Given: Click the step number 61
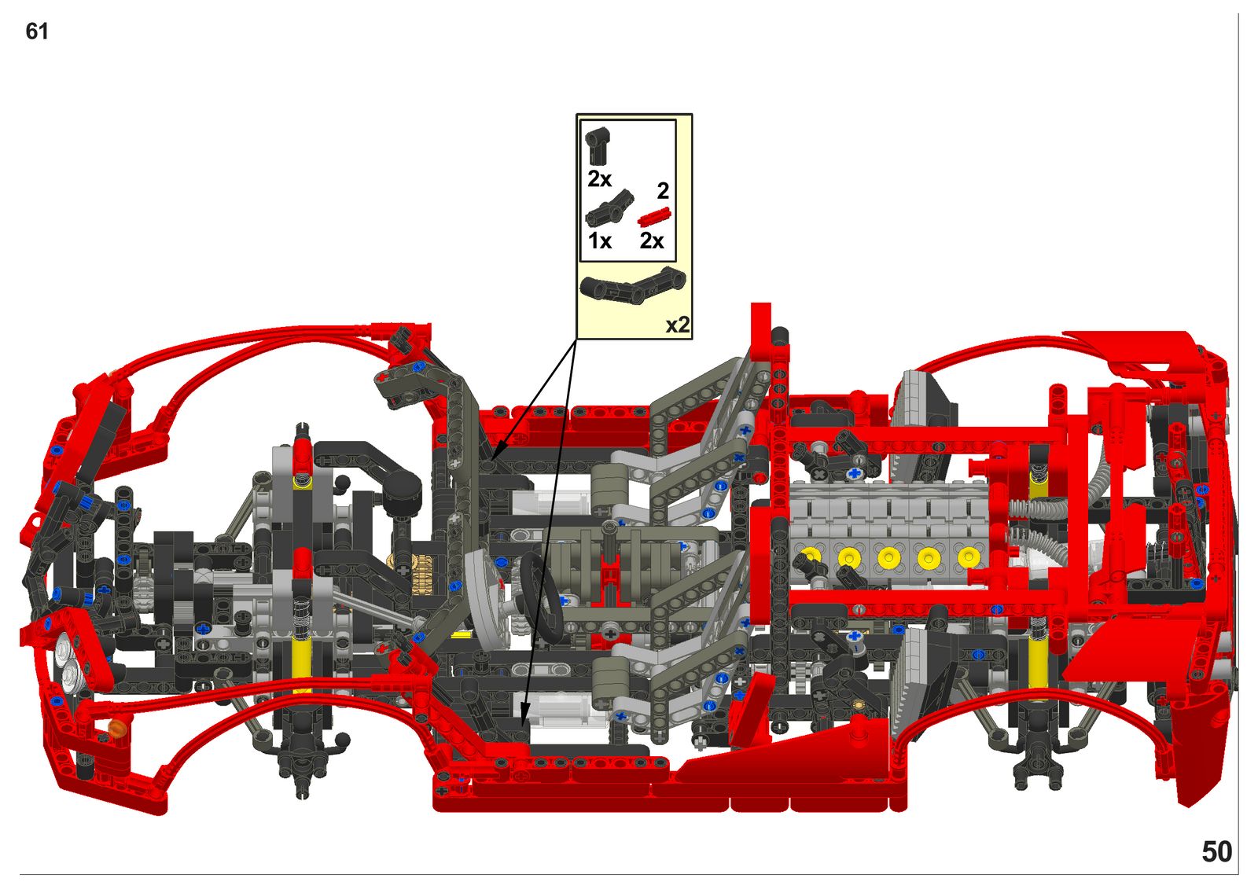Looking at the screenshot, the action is (x=37, y=31).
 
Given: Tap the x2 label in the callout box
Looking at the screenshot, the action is (x=677, y=325).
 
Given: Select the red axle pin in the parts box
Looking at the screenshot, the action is (x=653, y=216).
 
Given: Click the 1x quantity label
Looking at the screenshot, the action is (x=599, y=241).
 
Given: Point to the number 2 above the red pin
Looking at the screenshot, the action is (x=663, y=191).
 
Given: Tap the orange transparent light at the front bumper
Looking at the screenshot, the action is (x=117, y=728).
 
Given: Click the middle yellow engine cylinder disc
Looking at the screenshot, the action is (x=889, y=558).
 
